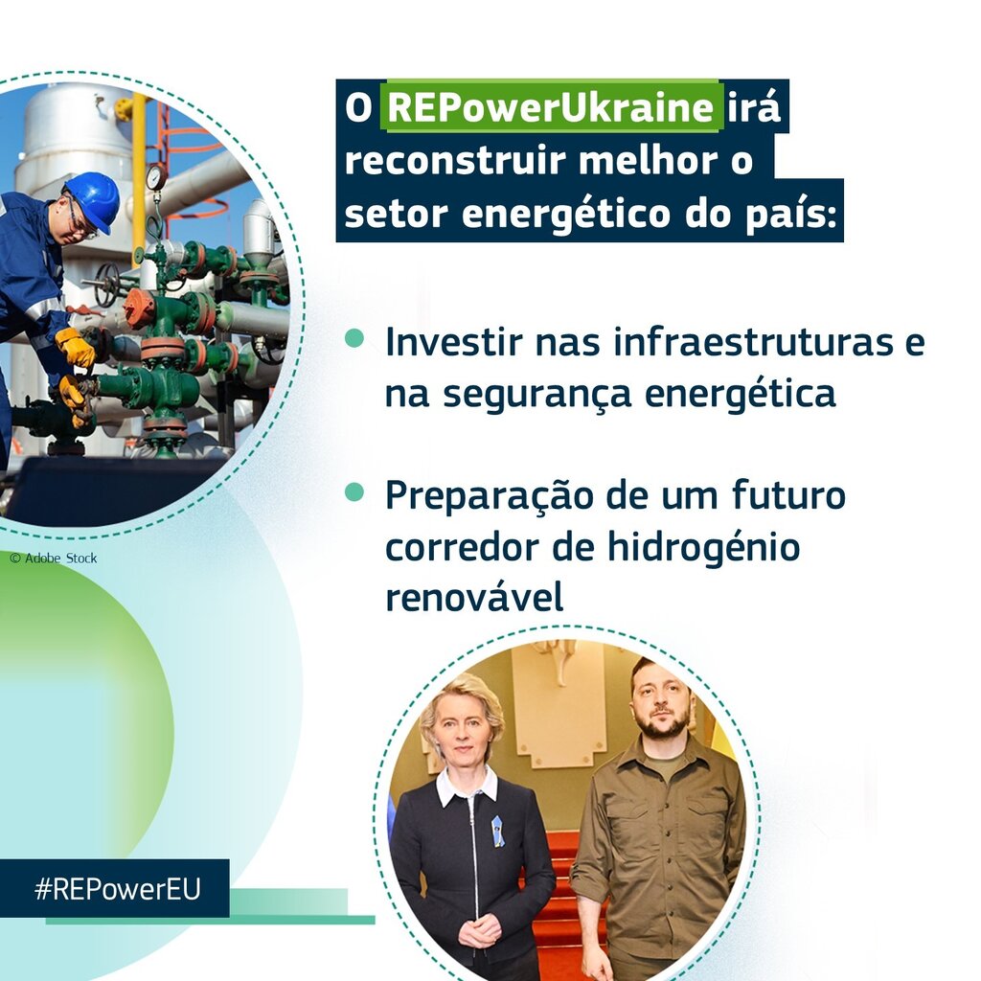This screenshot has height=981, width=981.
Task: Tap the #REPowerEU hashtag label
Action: [x=117, y=888]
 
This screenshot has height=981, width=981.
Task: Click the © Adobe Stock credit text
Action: [x=54, y=558]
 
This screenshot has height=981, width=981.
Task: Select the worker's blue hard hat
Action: [x=93, y=201]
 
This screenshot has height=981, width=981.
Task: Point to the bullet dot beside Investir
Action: [x=354, y=338]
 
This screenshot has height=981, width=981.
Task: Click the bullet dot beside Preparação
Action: [x=354, y=491]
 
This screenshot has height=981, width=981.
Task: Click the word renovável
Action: [x=474, y=597]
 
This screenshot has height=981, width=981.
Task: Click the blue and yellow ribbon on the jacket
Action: [x=498, y=831]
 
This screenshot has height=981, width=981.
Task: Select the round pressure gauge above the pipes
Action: [x=156, y=176]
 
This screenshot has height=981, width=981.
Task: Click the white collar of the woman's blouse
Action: [x=466, y=786]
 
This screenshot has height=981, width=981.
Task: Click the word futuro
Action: [x=789, y=494]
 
